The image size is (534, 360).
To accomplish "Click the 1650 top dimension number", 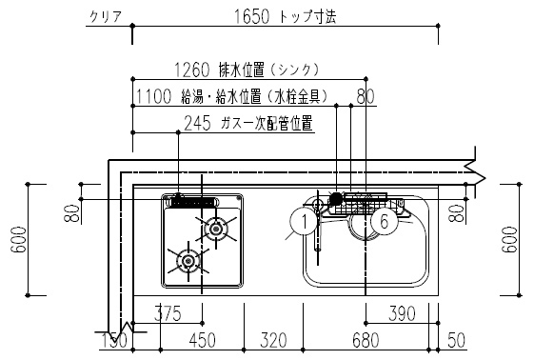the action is coord(251,16).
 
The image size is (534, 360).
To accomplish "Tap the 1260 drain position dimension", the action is coord(192,70).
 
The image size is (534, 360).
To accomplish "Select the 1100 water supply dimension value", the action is coord(153,96).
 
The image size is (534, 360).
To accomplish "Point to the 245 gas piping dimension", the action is coord(198,123).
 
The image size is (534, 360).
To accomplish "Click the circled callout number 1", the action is coord(304,222).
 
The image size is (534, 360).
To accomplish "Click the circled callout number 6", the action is coord(384,222).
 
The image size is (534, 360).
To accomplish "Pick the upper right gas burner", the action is coord(215,229).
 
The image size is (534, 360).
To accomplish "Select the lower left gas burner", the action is coord(188,261).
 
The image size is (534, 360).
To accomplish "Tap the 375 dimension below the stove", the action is coord(168,313).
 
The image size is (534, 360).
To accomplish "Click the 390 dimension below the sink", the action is coord(402,313).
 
